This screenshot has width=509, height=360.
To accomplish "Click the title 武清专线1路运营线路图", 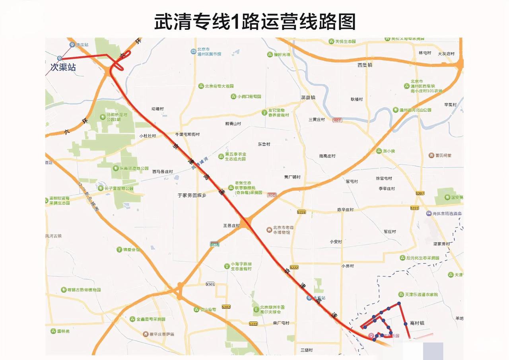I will tap(254, 21).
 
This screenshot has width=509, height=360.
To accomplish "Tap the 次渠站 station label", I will tap(63, 67).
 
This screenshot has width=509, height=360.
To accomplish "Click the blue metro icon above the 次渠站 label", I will tap(60, 58).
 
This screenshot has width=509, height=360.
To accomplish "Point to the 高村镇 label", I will tap(417, 323).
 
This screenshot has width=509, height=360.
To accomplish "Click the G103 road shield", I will tap(337, 120).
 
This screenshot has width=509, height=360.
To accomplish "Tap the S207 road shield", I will tap(420, 193).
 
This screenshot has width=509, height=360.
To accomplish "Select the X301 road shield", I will tap(210, 284).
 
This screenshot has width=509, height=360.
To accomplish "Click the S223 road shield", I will tap(301, 212).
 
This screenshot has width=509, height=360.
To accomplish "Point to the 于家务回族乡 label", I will tap(192, 195).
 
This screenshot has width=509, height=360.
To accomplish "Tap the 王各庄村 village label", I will tap(231, 226).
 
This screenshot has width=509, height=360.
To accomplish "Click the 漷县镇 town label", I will tap(308, 97).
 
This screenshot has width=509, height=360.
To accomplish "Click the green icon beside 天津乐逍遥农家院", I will tap(401, 294).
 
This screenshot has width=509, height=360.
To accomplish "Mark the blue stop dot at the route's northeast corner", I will tap(399, 304).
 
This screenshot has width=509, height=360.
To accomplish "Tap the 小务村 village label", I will tap(347, 266).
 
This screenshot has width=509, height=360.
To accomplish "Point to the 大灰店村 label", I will tap(445, 53).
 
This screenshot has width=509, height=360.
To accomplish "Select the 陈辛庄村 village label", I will tap(345, 209).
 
